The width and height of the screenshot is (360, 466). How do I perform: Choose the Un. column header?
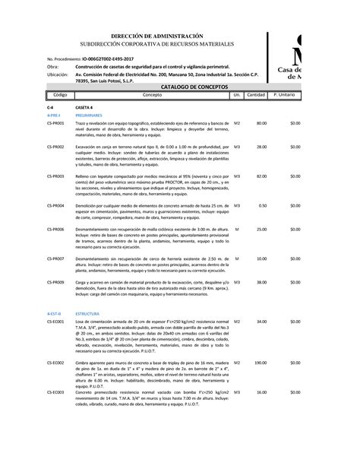click(x=237, y=95)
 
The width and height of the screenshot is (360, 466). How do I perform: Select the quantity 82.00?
click(x=261, y=176)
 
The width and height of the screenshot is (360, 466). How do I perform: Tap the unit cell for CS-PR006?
click(x=237, y=229)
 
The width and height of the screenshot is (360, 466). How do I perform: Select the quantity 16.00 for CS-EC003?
click(x=261, y=392)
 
